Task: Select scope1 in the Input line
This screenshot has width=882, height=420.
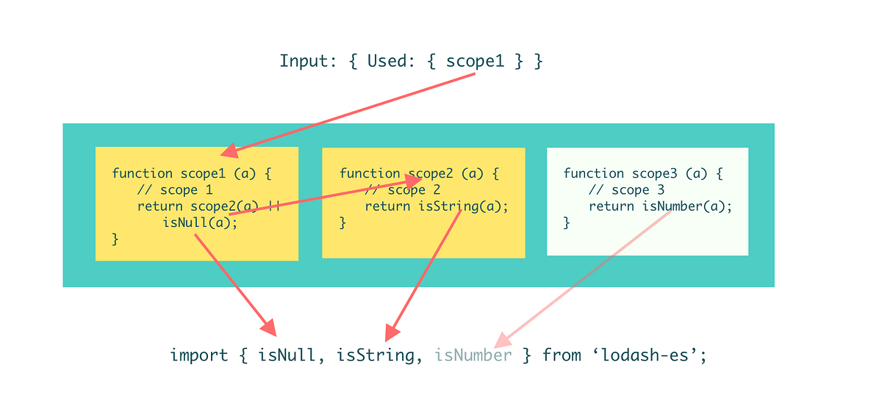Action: point(476,61)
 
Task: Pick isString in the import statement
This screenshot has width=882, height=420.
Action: point(375,355)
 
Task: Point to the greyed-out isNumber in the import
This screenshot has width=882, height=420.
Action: point(473,355)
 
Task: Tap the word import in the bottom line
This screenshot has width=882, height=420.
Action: point(199,355)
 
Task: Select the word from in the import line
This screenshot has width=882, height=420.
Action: point(561,355)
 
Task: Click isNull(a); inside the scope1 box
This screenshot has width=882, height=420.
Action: point(200,222)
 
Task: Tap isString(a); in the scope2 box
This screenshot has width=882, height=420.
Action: point(463,206)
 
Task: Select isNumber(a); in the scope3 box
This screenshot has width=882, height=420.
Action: point(687,206)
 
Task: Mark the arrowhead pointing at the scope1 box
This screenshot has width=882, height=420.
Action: point(230,151)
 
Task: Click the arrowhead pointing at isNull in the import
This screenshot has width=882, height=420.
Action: point(268,327)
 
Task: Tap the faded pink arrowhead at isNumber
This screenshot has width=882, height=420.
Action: point(503,340)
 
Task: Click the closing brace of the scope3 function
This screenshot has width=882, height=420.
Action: point(567,222)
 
